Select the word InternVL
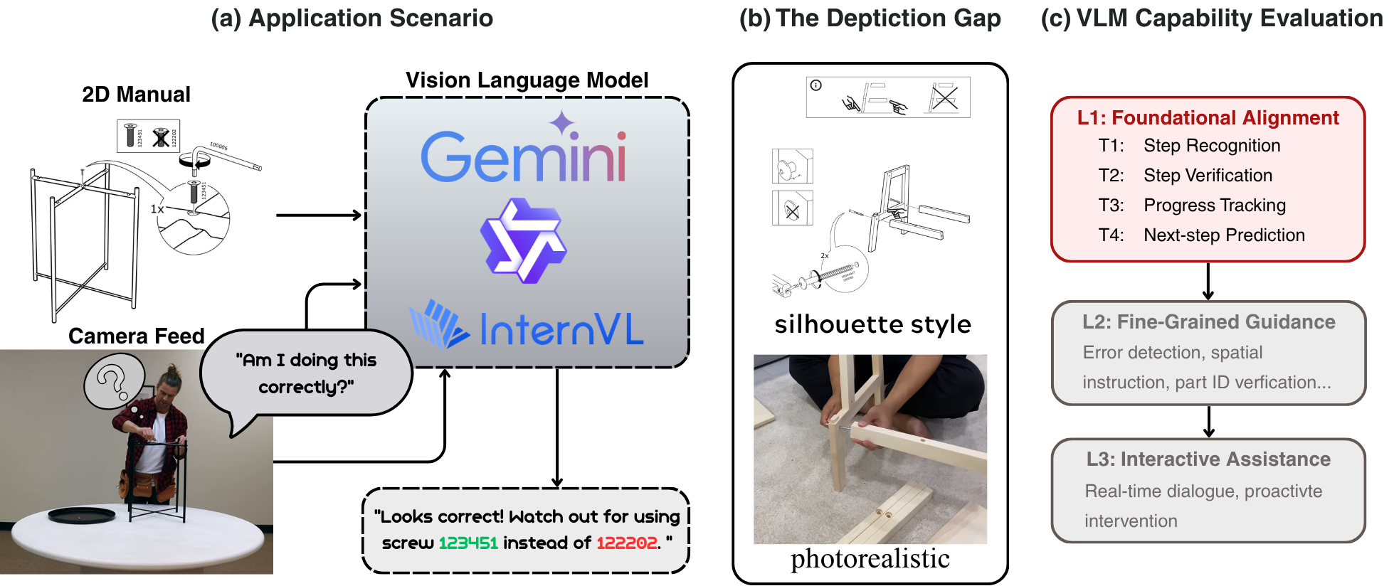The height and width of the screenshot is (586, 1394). click(x=561, y=329)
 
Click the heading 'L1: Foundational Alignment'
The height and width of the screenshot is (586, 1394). click(x=1208, y=118)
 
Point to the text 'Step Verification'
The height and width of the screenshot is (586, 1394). click(x=1208, y=176)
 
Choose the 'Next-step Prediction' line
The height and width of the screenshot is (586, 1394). click(x=1224, y=235)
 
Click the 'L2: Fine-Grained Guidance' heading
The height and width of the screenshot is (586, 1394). click(x=1208, y=322)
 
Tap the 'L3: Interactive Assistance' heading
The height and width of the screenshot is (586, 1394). click(x=1208, y=459)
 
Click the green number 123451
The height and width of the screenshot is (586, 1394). click(x=468, y=543)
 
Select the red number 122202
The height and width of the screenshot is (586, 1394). click(x=627, y=543)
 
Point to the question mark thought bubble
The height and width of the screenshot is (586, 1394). click(x=114, y=382)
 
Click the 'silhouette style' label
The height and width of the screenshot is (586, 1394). click(x=872, y=324)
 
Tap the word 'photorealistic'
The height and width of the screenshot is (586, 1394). click(x=870, y=559)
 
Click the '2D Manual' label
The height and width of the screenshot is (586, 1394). click(x=136, y=95)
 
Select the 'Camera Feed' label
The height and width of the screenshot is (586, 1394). click(x=136, y=336)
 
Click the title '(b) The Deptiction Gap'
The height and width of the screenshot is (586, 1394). click(x=870, y=18)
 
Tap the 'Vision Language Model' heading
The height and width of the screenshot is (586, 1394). click(x=527, y=80)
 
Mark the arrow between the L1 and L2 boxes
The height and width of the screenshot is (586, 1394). click(x=1208, y=281)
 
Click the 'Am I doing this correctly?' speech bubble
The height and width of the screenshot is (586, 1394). click(x=306, y=373)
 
